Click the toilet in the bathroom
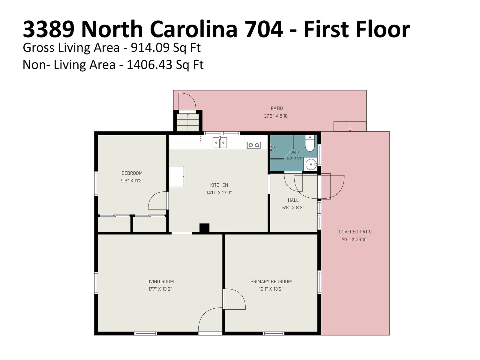tap(310, 143)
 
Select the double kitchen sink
tap(220, 142)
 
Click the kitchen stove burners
tap(254, 145)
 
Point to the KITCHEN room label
tap(219, 185)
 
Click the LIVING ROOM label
tap(160, 281)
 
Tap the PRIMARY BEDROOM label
tap(271, 281)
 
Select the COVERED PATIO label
tap(355, 232)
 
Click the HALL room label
tap(293, 200)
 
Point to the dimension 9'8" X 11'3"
tap(132, 181)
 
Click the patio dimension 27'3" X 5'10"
tap(277, 116)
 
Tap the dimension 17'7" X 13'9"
tap(160, 289)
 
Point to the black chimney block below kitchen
tap(204, 228)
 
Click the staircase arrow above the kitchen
tap(187, 122)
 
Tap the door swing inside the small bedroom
tap(157, 201)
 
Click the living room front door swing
tap(210, 320)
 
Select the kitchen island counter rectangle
tap(176, 176)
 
